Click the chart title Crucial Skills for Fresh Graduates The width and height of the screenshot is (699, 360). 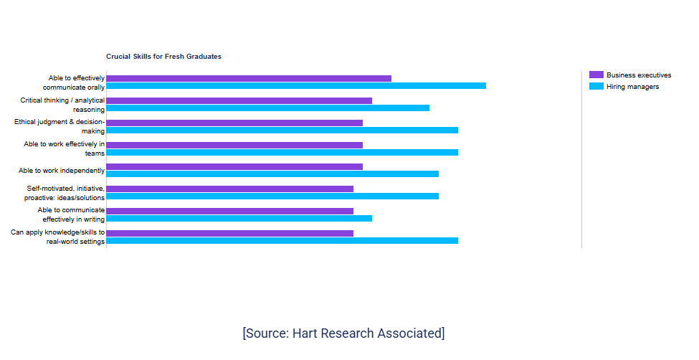point(163,57)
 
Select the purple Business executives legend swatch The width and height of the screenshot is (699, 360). point(596,75)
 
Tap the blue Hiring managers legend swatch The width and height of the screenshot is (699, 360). point(596,86)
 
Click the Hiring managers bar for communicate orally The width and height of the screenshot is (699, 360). point(296,85)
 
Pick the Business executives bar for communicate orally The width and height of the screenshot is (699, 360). point(249,78)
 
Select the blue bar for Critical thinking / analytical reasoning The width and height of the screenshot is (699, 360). point(268,108)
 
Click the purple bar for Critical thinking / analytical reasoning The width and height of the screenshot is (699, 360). point(239,101)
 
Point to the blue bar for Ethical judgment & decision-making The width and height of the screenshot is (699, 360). point(282,131)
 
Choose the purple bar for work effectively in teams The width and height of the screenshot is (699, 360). point(234,145)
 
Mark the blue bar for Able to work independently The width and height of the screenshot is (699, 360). point(272,174)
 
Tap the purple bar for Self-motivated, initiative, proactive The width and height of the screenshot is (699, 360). point(229,189)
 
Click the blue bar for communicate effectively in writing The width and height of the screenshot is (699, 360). point(239,219)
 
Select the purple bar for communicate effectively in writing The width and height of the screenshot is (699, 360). point(229,211)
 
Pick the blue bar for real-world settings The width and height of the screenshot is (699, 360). point(282,241)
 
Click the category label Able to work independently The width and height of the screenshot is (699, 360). point(62,171)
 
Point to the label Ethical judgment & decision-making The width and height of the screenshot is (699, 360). point(60,126)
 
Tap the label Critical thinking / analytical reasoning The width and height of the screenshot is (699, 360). point(62,105)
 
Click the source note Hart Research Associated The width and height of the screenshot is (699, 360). point(343,333)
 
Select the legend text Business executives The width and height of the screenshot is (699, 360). point(639,75)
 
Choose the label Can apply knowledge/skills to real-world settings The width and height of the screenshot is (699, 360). point(58,237)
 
